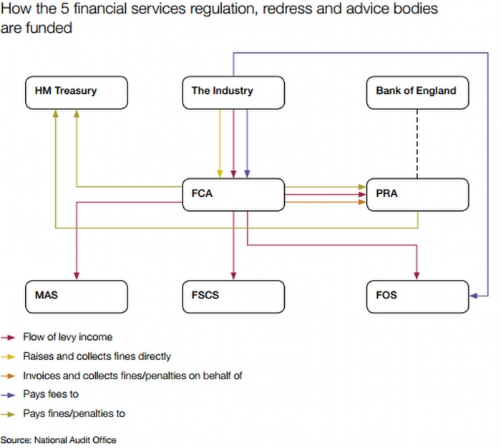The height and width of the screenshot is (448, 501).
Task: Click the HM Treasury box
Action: (x=76, y=92)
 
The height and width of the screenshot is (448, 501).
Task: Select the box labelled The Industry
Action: (x=233, y=92)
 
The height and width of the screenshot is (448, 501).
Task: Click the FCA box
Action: (x=233, y=194)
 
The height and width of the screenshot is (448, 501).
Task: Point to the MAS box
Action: (x=76, y=295)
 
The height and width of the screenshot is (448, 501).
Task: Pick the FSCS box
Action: (x=233, y=295)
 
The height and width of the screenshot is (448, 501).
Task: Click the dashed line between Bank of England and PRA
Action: (x=417, y=143)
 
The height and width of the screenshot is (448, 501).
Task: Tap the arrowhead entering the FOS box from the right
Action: (x=474, y=295)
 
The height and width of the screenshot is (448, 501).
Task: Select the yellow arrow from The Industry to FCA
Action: (x=220, y=143)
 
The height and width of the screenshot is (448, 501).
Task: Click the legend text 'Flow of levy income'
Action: (x=67, y=336)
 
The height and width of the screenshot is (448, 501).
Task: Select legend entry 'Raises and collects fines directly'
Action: (x=97, y=356)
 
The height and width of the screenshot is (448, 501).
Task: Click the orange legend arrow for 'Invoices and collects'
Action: (x=9, y=375)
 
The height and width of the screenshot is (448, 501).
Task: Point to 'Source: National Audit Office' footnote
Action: (x=58, y=439)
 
